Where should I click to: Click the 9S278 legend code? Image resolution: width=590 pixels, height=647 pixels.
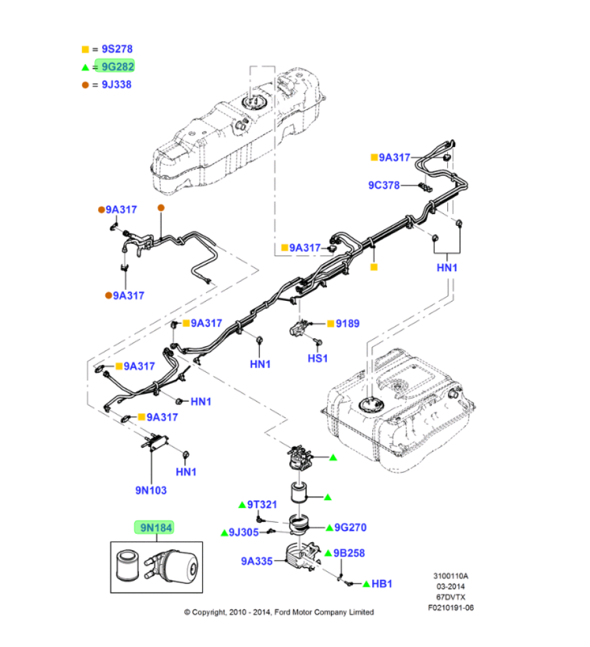click(117, 49)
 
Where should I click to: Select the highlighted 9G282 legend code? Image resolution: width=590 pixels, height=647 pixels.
click(117, 67)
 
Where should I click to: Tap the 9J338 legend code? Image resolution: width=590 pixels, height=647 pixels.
click(117, 85)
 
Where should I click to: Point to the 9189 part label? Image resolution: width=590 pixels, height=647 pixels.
click(348, 323)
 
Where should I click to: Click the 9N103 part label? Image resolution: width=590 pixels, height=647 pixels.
click(151, 490)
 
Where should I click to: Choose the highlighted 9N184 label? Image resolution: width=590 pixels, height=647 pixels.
click(154, 528)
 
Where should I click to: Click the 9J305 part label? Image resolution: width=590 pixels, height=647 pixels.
click(245, 532)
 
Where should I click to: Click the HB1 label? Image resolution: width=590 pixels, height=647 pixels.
click(382, 584)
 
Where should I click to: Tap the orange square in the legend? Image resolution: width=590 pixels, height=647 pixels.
click(85, 49)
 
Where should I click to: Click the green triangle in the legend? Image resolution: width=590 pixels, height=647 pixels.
click(85, 67)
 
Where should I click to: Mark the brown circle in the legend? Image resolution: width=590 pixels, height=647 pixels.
click(85, 85)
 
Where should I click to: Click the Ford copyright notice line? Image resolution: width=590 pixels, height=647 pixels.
click(279, 611)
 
